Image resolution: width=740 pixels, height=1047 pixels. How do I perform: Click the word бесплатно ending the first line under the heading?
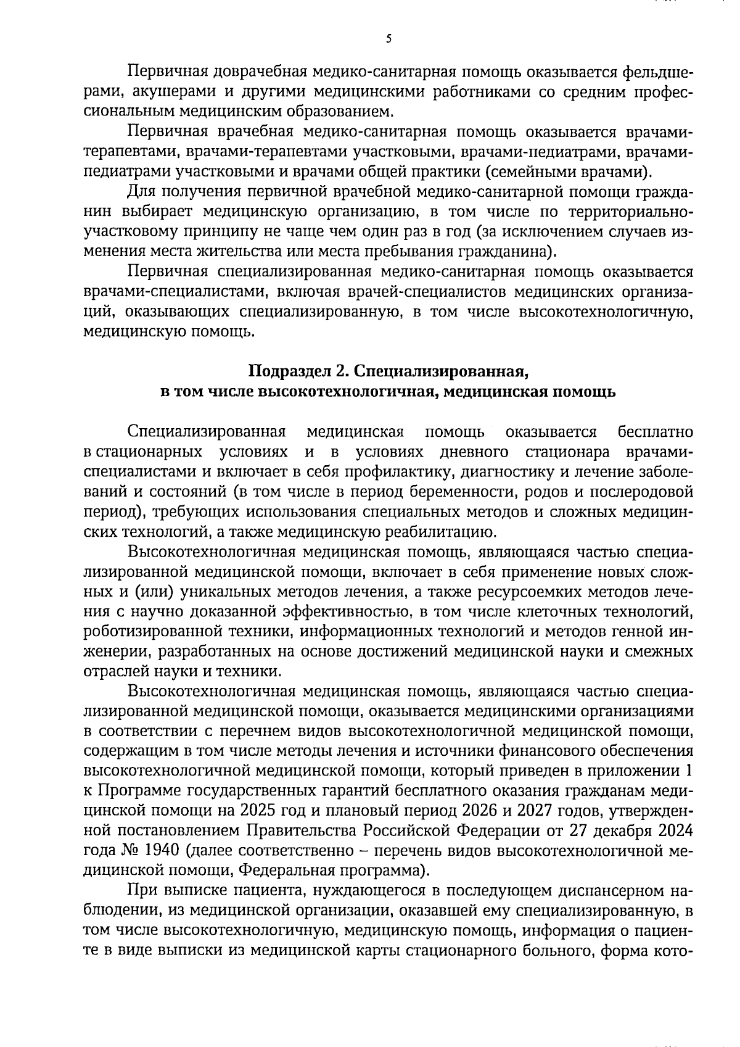pyautogui.click(x=655, y=432)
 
